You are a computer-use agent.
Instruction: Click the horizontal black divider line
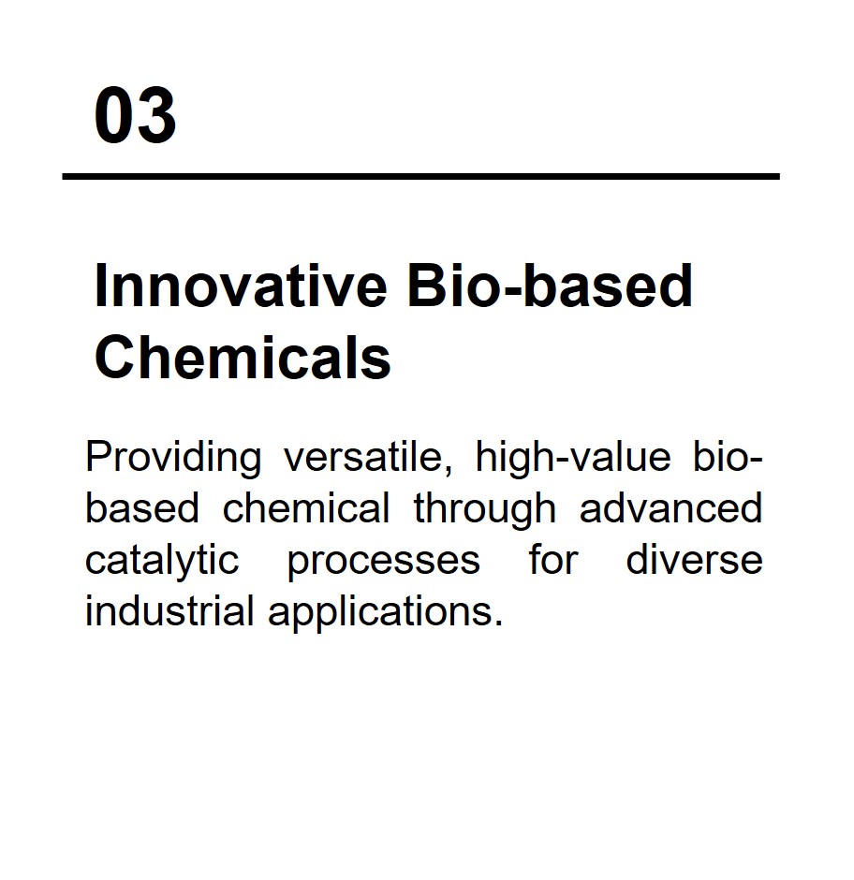tap(421, 177)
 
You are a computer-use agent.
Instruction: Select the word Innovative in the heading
tap(241, 286)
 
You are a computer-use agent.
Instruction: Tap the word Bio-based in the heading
tap(551, 286)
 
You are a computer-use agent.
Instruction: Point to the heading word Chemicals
tap(243, 358)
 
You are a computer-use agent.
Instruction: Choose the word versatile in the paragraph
tap(363, 457)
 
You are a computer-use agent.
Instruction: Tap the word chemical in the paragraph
tap(306, 508)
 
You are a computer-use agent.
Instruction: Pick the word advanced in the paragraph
tap(671, 508)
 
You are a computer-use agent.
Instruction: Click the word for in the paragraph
tap(553, 560)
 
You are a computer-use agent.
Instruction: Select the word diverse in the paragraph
tap(695, 560)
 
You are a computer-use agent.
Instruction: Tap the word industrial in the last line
tap(169, 611)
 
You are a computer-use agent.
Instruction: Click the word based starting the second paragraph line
tap(142, 508)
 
